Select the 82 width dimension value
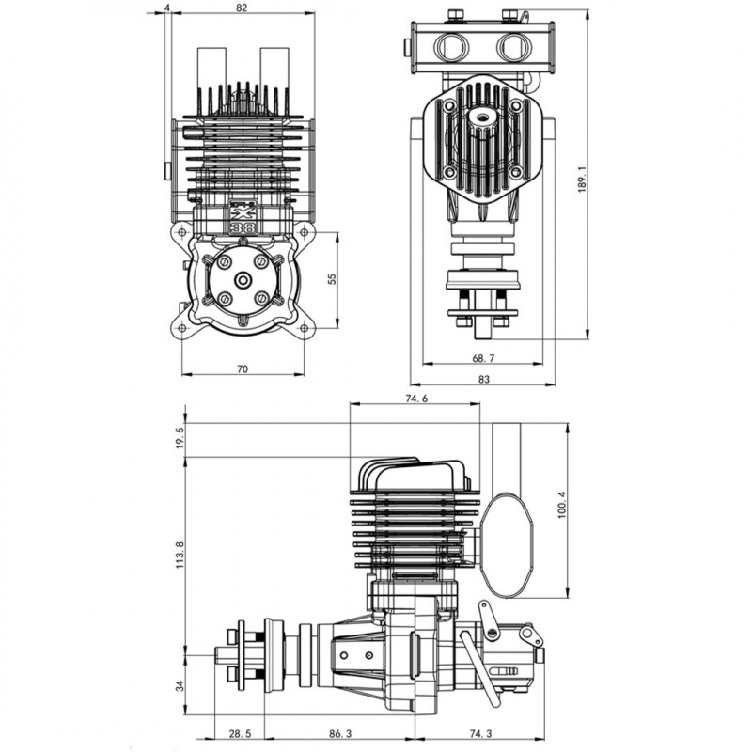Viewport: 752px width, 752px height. [x=243, y=8]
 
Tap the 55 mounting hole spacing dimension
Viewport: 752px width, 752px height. [x=332, y=279]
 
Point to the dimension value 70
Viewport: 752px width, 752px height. [x=243, y=369]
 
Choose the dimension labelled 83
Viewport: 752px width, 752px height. [x=483, y=380]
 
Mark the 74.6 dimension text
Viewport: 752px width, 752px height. [x=416, y=399]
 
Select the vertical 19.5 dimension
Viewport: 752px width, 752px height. [x=180, y=437]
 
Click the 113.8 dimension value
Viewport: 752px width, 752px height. [x=180, y=556]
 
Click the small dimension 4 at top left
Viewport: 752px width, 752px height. [x=166, y=8]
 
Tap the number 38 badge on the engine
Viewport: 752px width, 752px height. [x=242, y=224]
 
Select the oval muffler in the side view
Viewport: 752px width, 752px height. [x=508, y=545]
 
